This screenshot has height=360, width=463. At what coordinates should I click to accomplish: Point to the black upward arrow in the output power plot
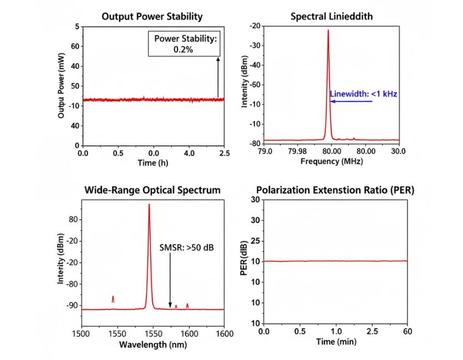point(218,77)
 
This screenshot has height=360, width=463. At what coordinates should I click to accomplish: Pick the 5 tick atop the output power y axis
point(77,26)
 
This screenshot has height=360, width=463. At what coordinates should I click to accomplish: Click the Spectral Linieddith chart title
point(332,16)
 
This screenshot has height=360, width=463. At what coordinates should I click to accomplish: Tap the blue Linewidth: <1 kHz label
point(363,94)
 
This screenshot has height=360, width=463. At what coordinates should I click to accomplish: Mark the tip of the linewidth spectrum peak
point(328,30)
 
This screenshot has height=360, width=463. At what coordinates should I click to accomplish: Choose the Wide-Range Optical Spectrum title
point(152,190)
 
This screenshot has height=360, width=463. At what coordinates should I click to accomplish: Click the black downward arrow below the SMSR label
point(170,280)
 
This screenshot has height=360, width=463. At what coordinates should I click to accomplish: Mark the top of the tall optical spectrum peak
point(149,204)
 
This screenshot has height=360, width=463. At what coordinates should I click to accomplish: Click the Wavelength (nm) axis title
point(152,344)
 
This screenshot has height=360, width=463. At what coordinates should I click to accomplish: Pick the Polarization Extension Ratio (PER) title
point(335,190)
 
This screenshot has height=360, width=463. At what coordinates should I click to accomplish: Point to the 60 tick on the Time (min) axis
point(406,332)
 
